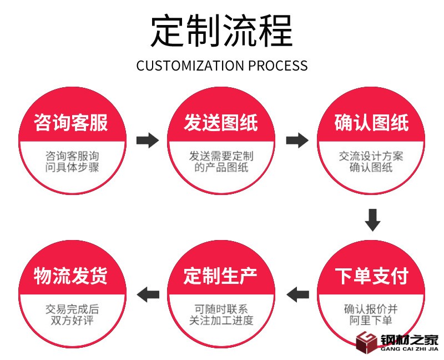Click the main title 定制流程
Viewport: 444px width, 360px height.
[x=221, y=31]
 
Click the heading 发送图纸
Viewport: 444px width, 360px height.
[x=221, y=122]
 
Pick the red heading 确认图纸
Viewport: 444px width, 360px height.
[x=371, y=122]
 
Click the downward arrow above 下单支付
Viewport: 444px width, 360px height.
[x=372, y=219]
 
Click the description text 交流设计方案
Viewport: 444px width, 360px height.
[x=371, y=156]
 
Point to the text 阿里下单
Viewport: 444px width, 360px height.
[x=371, y=321]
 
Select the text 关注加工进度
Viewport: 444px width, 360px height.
[x=221, y=321]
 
